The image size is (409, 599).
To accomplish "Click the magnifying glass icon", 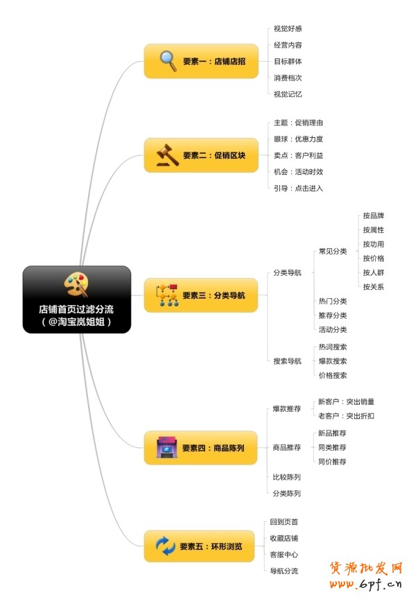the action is coord(168,61).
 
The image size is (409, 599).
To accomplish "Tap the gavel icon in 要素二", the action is coord(167,155).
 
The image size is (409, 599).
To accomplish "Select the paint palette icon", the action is coord(76,284).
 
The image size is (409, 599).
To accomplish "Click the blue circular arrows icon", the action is coord(166,546).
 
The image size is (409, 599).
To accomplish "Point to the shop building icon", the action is coord(167,447).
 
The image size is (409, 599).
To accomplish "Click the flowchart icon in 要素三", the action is coord(167,295).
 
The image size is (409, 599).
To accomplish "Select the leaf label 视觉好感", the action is coord(288,28).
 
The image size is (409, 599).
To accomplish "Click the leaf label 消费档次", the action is coord(288,78).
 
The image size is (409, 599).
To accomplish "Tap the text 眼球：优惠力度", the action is coord(298,139).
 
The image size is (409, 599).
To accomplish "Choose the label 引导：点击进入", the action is coord(298,189).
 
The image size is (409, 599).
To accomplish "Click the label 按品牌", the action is coord(374,216).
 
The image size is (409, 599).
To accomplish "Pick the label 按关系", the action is coord(374,286).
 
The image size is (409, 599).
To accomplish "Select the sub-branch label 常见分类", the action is coord(333,251).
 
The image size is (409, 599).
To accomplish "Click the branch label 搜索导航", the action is coord(287,361).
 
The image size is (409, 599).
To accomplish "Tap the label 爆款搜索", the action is coord(333,361).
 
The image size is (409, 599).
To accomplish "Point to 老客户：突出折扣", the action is coord(346,416).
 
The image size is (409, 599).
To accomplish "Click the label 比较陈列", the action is coord(286,477).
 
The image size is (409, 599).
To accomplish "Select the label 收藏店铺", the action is coord(284,538).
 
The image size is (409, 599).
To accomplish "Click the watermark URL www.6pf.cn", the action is coord(365,584).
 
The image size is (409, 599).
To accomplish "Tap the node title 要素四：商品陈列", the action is coord(213,448).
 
